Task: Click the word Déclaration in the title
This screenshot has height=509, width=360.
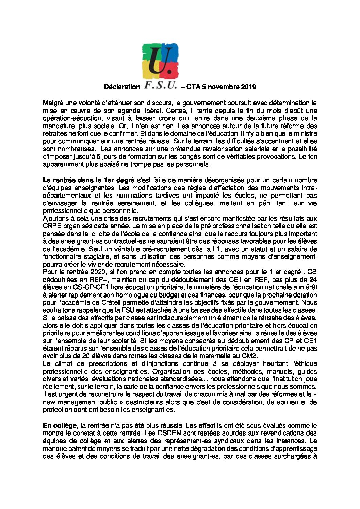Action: [x=122, y=87]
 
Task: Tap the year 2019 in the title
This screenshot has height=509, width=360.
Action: [x=248, y=87]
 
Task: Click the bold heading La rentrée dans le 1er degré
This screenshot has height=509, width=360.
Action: [x=88, y=180]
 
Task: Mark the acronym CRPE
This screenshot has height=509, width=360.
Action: [x=51, y=225]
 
